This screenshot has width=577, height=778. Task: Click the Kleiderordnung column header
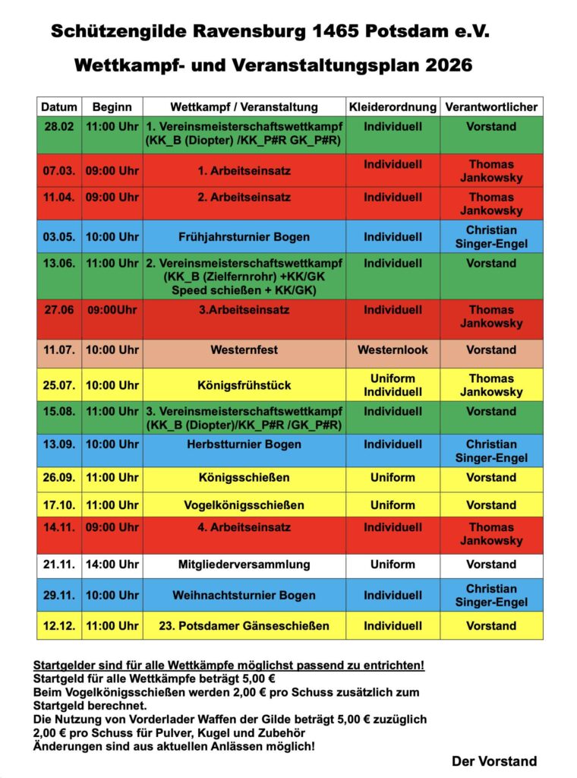pos(393,107)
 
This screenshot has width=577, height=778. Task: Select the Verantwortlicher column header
pos(491,107)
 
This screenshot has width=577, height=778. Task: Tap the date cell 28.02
pos(59,127)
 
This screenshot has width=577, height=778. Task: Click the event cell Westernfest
pos(244,350)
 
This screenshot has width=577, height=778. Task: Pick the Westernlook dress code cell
pos(393,350)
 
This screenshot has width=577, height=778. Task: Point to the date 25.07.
pos(59,385)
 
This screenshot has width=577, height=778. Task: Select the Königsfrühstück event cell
pos(244,385)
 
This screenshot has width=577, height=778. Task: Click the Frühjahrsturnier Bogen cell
pos(244,237)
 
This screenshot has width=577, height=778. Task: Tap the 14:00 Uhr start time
pos(112,565)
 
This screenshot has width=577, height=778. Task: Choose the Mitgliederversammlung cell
pos(244,565)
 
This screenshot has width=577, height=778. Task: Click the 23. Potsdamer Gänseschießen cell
pos(244,626)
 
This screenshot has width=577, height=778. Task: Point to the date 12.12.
pos(59,626)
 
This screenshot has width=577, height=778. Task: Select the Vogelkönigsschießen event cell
pos(244,505)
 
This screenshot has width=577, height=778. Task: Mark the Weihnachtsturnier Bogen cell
pos(244,596)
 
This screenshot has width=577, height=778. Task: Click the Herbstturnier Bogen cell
pos(244,444)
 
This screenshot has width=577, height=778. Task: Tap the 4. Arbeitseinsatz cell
pos(244,527)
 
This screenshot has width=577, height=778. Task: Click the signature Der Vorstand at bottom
pos(493,761)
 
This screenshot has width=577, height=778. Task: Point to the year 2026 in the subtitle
pos(448,66)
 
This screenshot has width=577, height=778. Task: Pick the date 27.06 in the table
pos(58,310)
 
